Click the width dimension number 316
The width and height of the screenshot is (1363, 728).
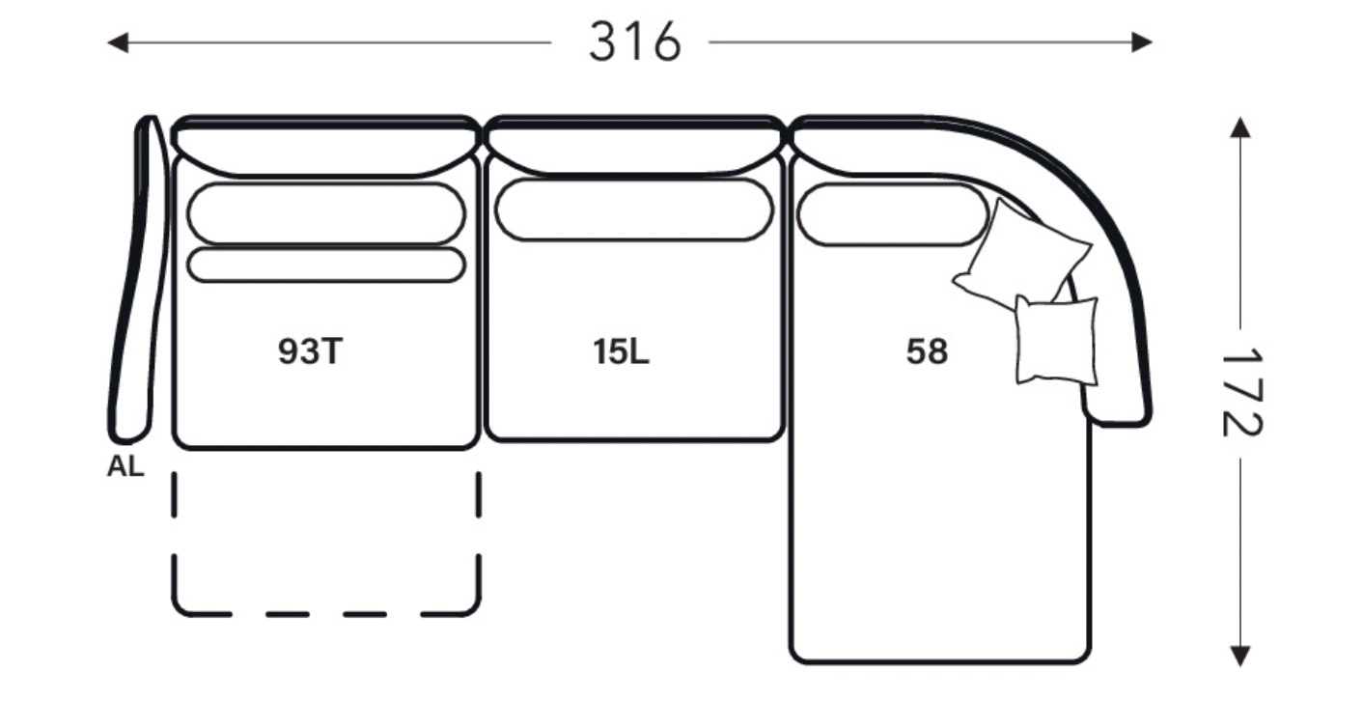click(634, 42)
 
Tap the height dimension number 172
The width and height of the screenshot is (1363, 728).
click(1241, 393)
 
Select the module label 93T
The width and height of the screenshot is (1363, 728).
click(310, 351)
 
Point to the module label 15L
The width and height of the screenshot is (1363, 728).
click(622, 351)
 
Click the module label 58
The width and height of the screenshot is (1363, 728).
click(927, 351)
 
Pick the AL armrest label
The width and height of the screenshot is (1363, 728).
click(125, 467)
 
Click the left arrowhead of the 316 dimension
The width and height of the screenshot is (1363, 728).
click(118, 42)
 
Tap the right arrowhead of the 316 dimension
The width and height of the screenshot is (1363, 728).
click(1142, 42)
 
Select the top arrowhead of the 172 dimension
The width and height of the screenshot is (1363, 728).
click(1240, 126)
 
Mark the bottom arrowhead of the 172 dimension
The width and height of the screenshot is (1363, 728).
click(1240, 657)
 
